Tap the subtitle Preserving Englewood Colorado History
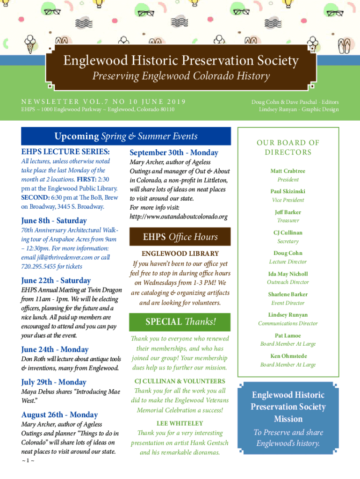click(x=181, y=76)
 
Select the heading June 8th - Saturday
click(x=54, y=220)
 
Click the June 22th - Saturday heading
click(x=56, y=281)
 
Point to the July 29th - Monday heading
click(x=54, y=382)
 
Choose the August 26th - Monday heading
click(x=59, y=415)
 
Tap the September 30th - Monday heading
click(x=174, y=152)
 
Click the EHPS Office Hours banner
click(x=180, y=237)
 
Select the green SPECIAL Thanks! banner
click(x=180, y=322)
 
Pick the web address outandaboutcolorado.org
click(x=179, y=217)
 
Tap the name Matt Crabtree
click(x=288, y=171)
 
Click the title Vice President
click(x=288, y=200)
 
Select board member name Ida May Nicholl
click(x=288, y=274)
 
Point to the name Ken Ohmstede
click(x=288, y=356)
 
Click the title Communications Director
click(x=288, y=324)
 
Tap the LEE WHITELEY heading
click(x=180, y=424)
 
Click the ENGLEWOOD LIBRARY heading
click(x=180, y=254)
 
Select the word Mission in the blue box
click(x=288, y=419)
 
